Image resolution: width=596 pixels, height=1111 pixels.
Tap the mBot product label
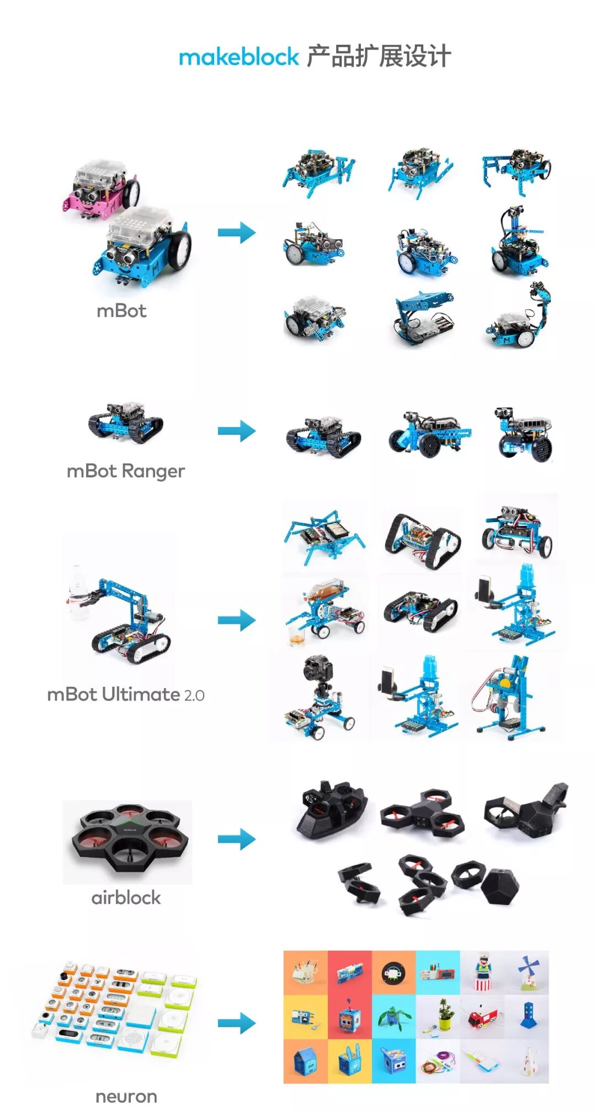[121, 311]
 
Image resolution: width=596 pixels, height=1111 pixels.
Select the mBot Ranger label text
[125, 471]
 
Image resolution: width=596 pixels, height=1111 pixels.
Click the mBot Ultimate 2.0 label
[126, 694]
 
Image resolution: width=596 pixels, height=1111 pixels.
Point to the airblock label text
[126, 898]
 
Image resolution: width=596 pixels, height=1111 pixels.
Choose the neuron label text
[126, 1096]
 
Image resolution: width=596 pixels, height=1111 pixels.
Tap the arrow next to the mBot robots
[237, 233]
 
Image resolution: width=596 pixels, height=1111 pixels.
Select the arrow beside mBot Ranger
[237, 431]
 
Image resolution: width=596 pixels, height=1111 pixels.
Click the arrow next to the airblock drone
[237, 839]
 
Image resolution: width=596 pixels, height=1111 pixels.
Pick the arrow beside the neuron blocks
[237, 1023]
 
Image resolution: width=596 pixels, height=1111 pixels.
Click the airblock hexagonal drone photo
[127, 840]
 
